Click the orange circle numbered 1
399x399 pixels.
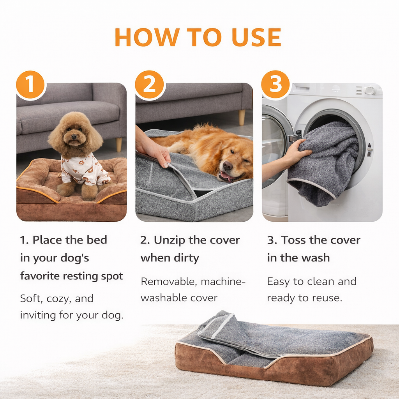click(30, 85)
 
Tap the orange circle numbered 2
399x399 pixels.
click(149, 85)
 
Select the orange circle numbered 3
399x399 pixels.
click(275, 85)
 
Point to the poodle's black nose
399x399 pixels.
click(74, 138)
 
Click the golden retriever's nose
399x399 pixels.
click(228, 166)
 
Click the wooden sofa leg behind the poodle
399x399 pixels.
click(119, 145)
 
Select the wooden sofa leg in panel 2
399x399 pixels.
click(242, 117)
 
